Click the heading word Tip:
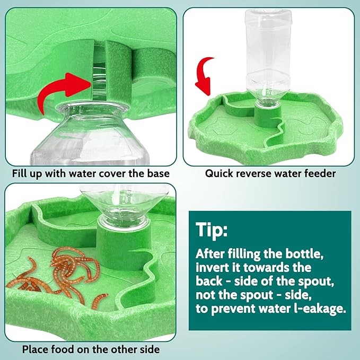coord(212,231)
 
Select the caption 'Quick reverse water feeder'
coord(270,173)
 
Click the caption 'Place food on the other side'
coord(91,349)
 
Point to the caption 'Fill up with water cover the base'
coord(91,173)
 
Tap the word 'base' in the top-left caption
coord(158,173)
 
